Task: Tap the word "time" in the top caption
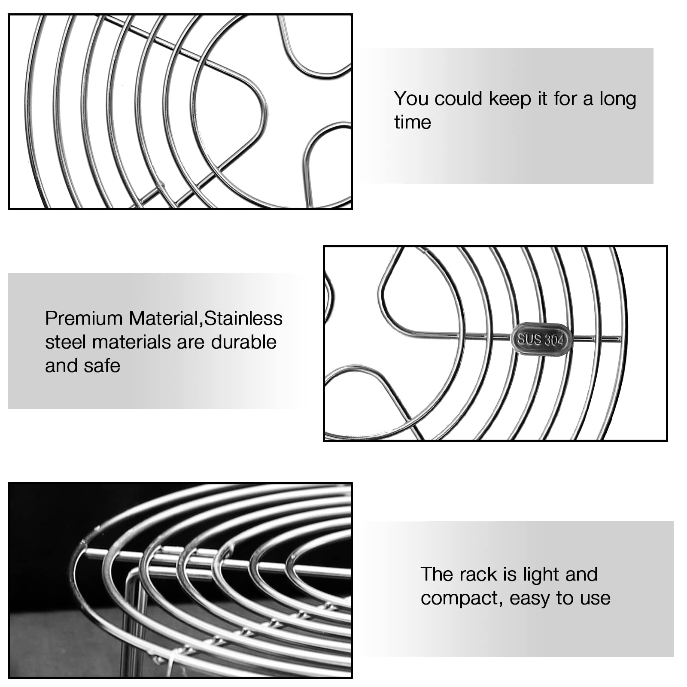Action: coord(412,122)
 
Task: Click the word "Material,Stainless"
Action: coord(206,319)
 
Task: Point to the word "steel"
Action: coord(66,342)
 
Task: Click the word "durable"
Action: coord(244,342)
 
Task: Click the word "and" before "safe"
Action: coord(61,366)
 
